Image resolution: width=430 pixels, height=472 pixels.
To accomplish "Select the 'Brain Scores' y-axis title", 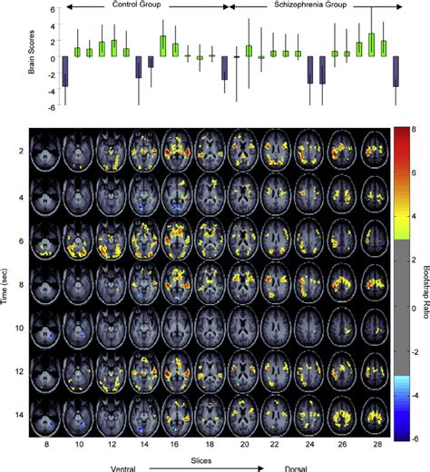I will click(x=7, y=58).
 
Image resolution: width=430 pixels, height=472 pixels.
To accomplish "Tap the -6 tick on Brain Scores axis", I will click(x=29, y=107).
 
